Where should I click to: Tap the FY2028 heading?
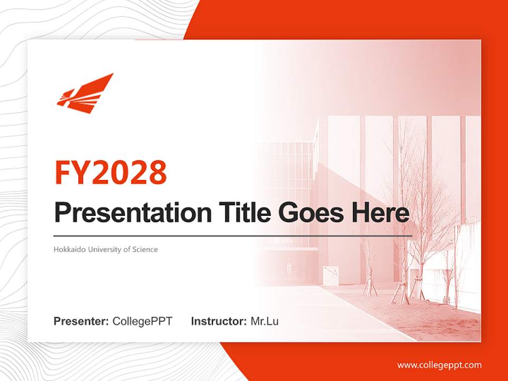(x=111, y=173)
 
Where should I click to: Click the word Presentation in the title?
(x=133, y=212)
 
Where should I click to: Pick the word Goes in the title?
(x=311, y=213)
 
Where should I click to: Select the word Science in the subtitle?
(x=145, y=249)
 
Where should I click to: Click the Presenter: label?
(x=81, y=321)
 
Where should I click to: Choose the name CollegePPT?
(x=142, y=321)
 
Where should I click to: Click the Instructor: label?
(x=219, y=321)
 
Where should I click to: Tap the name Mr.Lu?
(x=265, y=321)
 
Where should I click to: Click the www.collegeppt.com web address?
(x=439, y=366)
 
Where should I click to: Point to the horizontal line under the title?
(x=233, y=236)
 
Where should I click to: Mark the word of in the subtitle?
(x=127, y=249)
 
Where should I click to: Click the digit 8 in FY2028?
(x=158, y=173)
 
